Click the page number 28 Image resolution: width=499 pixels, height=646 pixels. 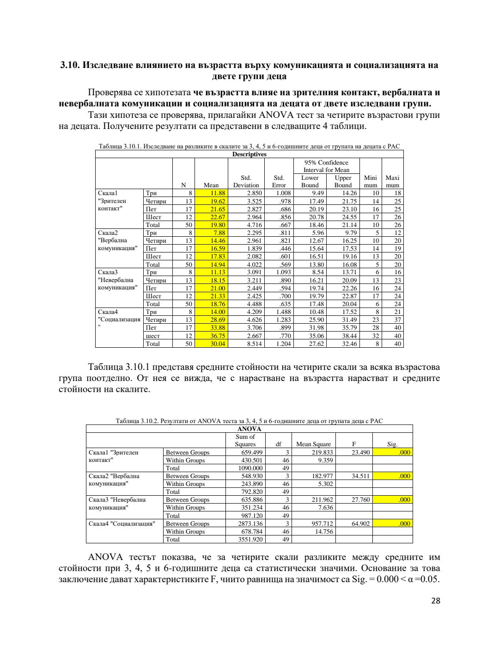coord(435,601)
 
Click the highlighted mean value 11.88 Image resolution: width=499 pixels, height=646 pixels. coord(218,193)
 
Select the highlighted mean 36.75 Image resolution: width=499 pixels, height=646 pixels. coord(218,336)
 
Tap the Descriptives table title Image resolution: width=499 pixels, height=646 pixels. coord(249,154)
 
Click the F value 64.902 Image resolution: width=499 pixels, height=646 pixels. coord(360,523)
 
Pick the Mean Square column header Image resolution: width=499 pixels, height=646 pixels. coord(313,444)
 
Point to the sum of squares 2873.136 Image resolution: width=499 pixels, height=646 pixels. coord(250,523)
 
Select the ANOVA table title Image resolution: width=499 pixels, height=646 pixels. coord(249,429)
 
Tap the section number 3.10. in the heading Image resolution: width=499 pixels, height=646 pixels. coord(70,65)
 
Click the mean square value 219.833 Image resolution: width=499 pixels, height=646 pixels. coord(321,452)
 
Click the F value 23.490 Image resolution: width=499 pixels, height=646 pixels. coord(360,452)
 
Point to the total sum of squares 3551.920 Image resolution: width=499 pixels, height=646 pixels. coord(250,539)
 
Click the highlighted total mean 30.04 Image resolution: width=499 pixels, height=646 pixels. coord(218,344)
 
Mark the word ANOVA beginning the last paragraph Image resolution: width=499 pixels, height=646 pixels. coord(105,557)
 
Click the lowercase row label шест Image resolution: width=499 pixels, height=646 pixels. coord(152,336)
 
